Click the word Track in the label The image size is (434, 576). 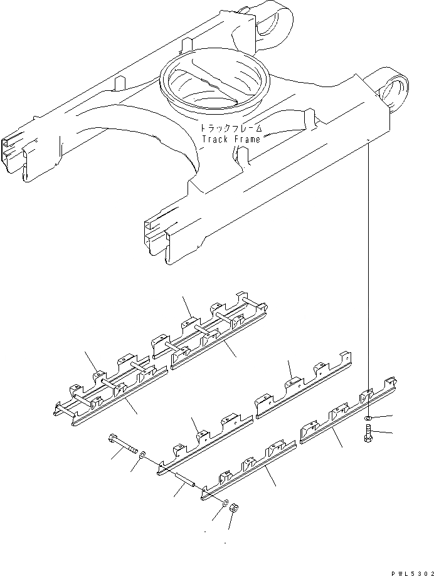[214, 139]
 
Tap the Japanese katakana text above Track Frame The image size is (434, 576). [230, 128]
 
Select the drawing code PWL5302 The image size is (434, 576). [402, 569]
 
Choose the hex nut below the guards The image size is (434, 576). [231, 508]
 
